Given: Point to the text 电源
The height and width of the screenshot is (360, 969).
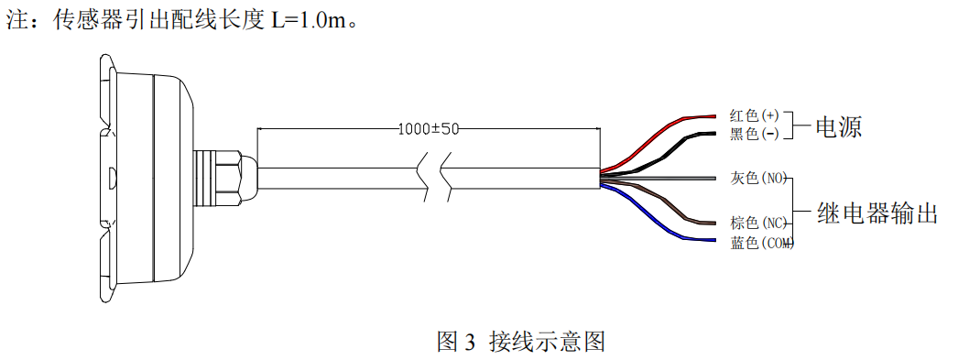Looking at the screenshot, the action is tap(839, 126).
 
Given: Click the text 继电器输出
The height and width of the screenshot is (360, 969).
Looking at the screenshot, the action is tap(877, 213).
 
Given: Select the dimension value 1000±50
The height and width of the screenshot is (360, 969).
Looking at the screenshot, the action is tap(429, 129).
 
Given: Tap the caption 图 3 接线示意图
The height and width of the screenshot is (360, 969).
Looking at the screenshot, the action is tap(520, 341).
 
